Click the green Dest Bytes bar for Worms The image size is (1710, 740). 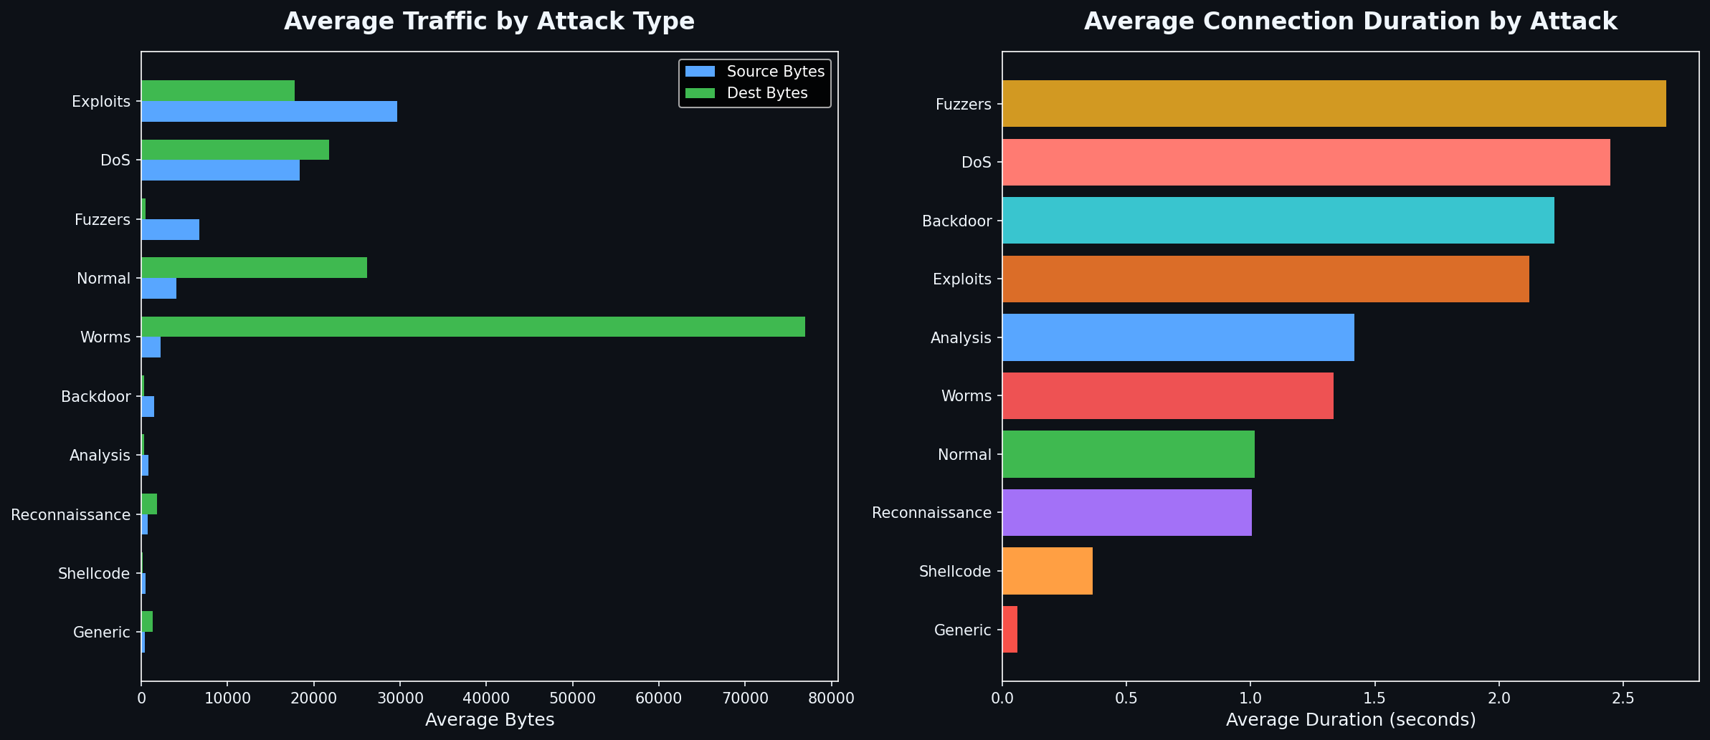(x=473, y=327)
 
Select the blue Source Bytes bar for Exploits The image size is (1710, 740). (x=269, y=112)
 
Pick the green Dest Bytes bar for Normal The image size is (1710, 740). (x=254, y=267)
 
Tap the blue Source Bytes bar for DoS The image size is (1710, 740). (x=220, y=170)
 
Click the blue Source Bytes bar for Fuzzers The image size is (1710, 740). (x=170, y=230)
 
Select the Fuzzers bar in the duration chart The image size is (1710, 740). (x=1334, y=104)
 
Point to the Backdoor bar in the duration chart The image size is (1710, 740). (x=1278, y=221)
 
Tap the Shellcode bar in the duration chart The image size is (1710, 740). (x=1047, y=571)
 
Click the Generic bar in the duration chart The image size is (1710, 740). (x=1010, y=630)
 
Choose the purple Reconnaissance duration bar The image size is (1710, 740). (x=1126, y=512)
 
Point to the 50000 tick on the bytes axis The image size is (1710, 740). (x=572, y=698)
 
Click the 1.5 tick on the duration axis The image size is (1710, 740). (x=1374, y=698)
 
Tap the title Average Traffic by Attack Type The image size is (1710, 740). (x=489, y=21)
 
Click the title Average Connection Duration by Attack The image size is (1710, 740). (x=1350, y=21)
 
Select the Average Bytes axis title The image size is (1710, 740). (x=490, y=720)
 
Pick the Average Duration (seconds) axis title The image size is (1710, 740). (x=1351, y=720)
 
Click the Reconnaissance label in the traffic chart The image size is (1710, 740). (x=71, y=514)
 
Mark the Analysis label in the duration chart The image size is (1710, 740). (x=961, y=337)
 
